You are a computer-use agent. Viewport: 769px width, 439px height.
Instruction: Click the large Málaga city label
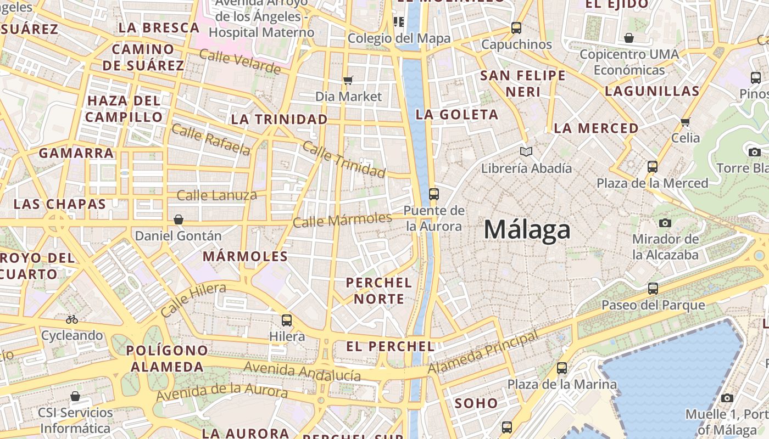click(527, 229)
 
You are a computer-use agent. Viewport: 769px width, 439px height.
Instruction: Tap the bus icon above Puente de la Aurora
click(434, 194)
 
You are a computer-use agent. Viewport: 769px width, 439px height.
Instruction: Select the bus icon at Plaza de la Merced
click(653, 166)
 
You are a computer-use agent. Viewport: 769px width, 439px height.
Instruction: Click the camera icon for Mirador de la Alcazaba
click(665, 223)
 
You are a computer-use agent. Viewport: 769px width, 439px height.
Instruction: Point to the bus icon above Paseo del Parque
click(653, 288)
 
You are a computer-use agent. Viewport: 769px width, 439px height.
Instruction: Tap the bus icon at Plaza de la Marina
click(562, 368)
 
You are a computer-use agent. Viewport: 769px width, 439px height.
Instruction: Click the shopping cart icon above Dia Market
click(348, 81)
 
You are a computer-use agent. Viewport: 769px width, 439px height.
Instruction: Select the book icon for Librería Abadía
click(526, 151)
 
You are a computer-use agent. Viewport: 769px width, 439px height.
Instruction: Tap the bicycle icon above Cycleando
click(72, 319)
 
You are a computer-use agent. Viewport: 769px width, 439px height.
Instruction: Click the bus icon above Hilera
click(287, 320)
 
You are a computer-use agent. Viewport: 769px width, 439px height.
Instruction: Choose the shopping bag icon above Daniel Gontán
click(179, 220)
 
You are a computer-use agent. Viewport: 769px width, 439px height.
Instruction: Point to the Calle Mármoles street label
click(342, 220)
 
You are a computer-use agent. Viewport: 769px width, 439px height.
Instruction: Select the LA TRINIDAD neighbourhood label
click(279, 119)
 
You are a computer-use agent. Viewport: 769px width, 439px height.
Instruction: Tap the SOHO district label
click(476, 403)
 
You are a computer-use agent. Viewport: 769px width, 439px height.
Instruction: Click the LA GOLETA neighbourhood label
click(457, 114)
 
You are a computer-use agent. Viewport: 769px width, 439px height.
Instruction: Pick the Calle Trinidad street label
click(344, 159)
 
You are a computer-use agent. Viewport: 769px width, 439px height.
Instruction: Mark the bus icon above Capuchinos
click(516, 28)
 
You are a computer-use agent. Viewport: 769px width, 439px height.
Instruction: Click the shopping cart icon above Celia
click(685, 122)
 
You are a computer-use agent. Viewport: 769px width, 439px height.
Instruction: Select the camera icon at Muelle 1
click(727, 398)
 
